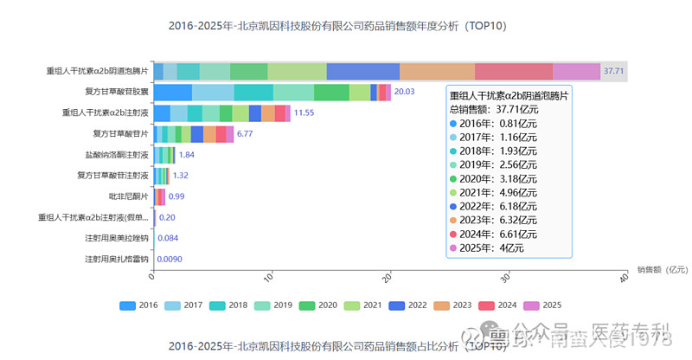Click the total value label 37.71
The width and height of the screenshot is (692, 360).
tap(614, 71)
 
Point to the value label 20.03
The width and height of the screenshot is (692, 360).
tap(404, 92)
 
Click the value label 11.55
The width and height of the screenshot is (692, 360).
tap(304, 112)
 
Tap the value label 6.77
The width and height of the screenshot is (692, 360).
tap(244, 134)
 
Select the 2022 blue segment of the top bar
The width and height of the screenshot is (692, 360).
tap(363, 71)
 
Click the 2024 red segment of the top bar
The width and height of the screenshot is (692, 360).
tap(514, 71)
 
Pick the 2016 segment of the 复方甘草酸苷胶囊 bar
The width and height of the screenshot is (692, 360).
tap(173, 92)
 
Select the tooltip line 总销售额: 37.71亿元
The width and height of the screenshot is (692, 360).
tap(492, 109)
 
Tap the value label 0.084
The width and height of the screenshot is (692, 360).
tap(168, 238)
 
